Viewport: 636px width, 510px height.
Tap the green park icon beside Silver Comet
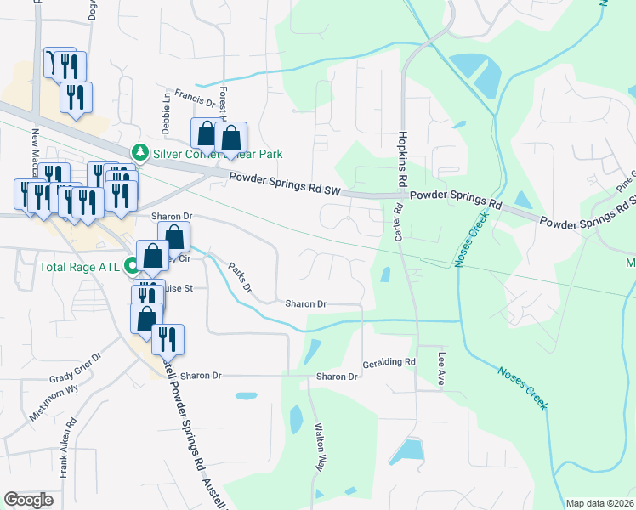pyautogui.click(x=139, y=153)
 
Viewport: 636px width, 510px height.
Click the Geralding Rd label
pyautogui.click(x=389, y=361)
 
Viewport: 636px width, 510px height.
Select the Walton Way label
pyautogui.click(x=320, y=444)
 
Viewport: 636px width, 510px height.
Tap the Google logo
pyautogui.click(x=28, y=499)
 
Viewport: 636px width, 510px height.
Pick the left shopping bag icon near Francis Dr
pyautogui.click(x=206, y=134)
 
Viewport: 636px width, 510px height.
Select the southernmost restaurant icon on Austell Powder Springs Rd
pyautogui.click(x=168, y=339)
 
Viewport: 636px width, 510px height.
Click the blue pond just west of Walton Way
pyautogui.click(x=296, y=418)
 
